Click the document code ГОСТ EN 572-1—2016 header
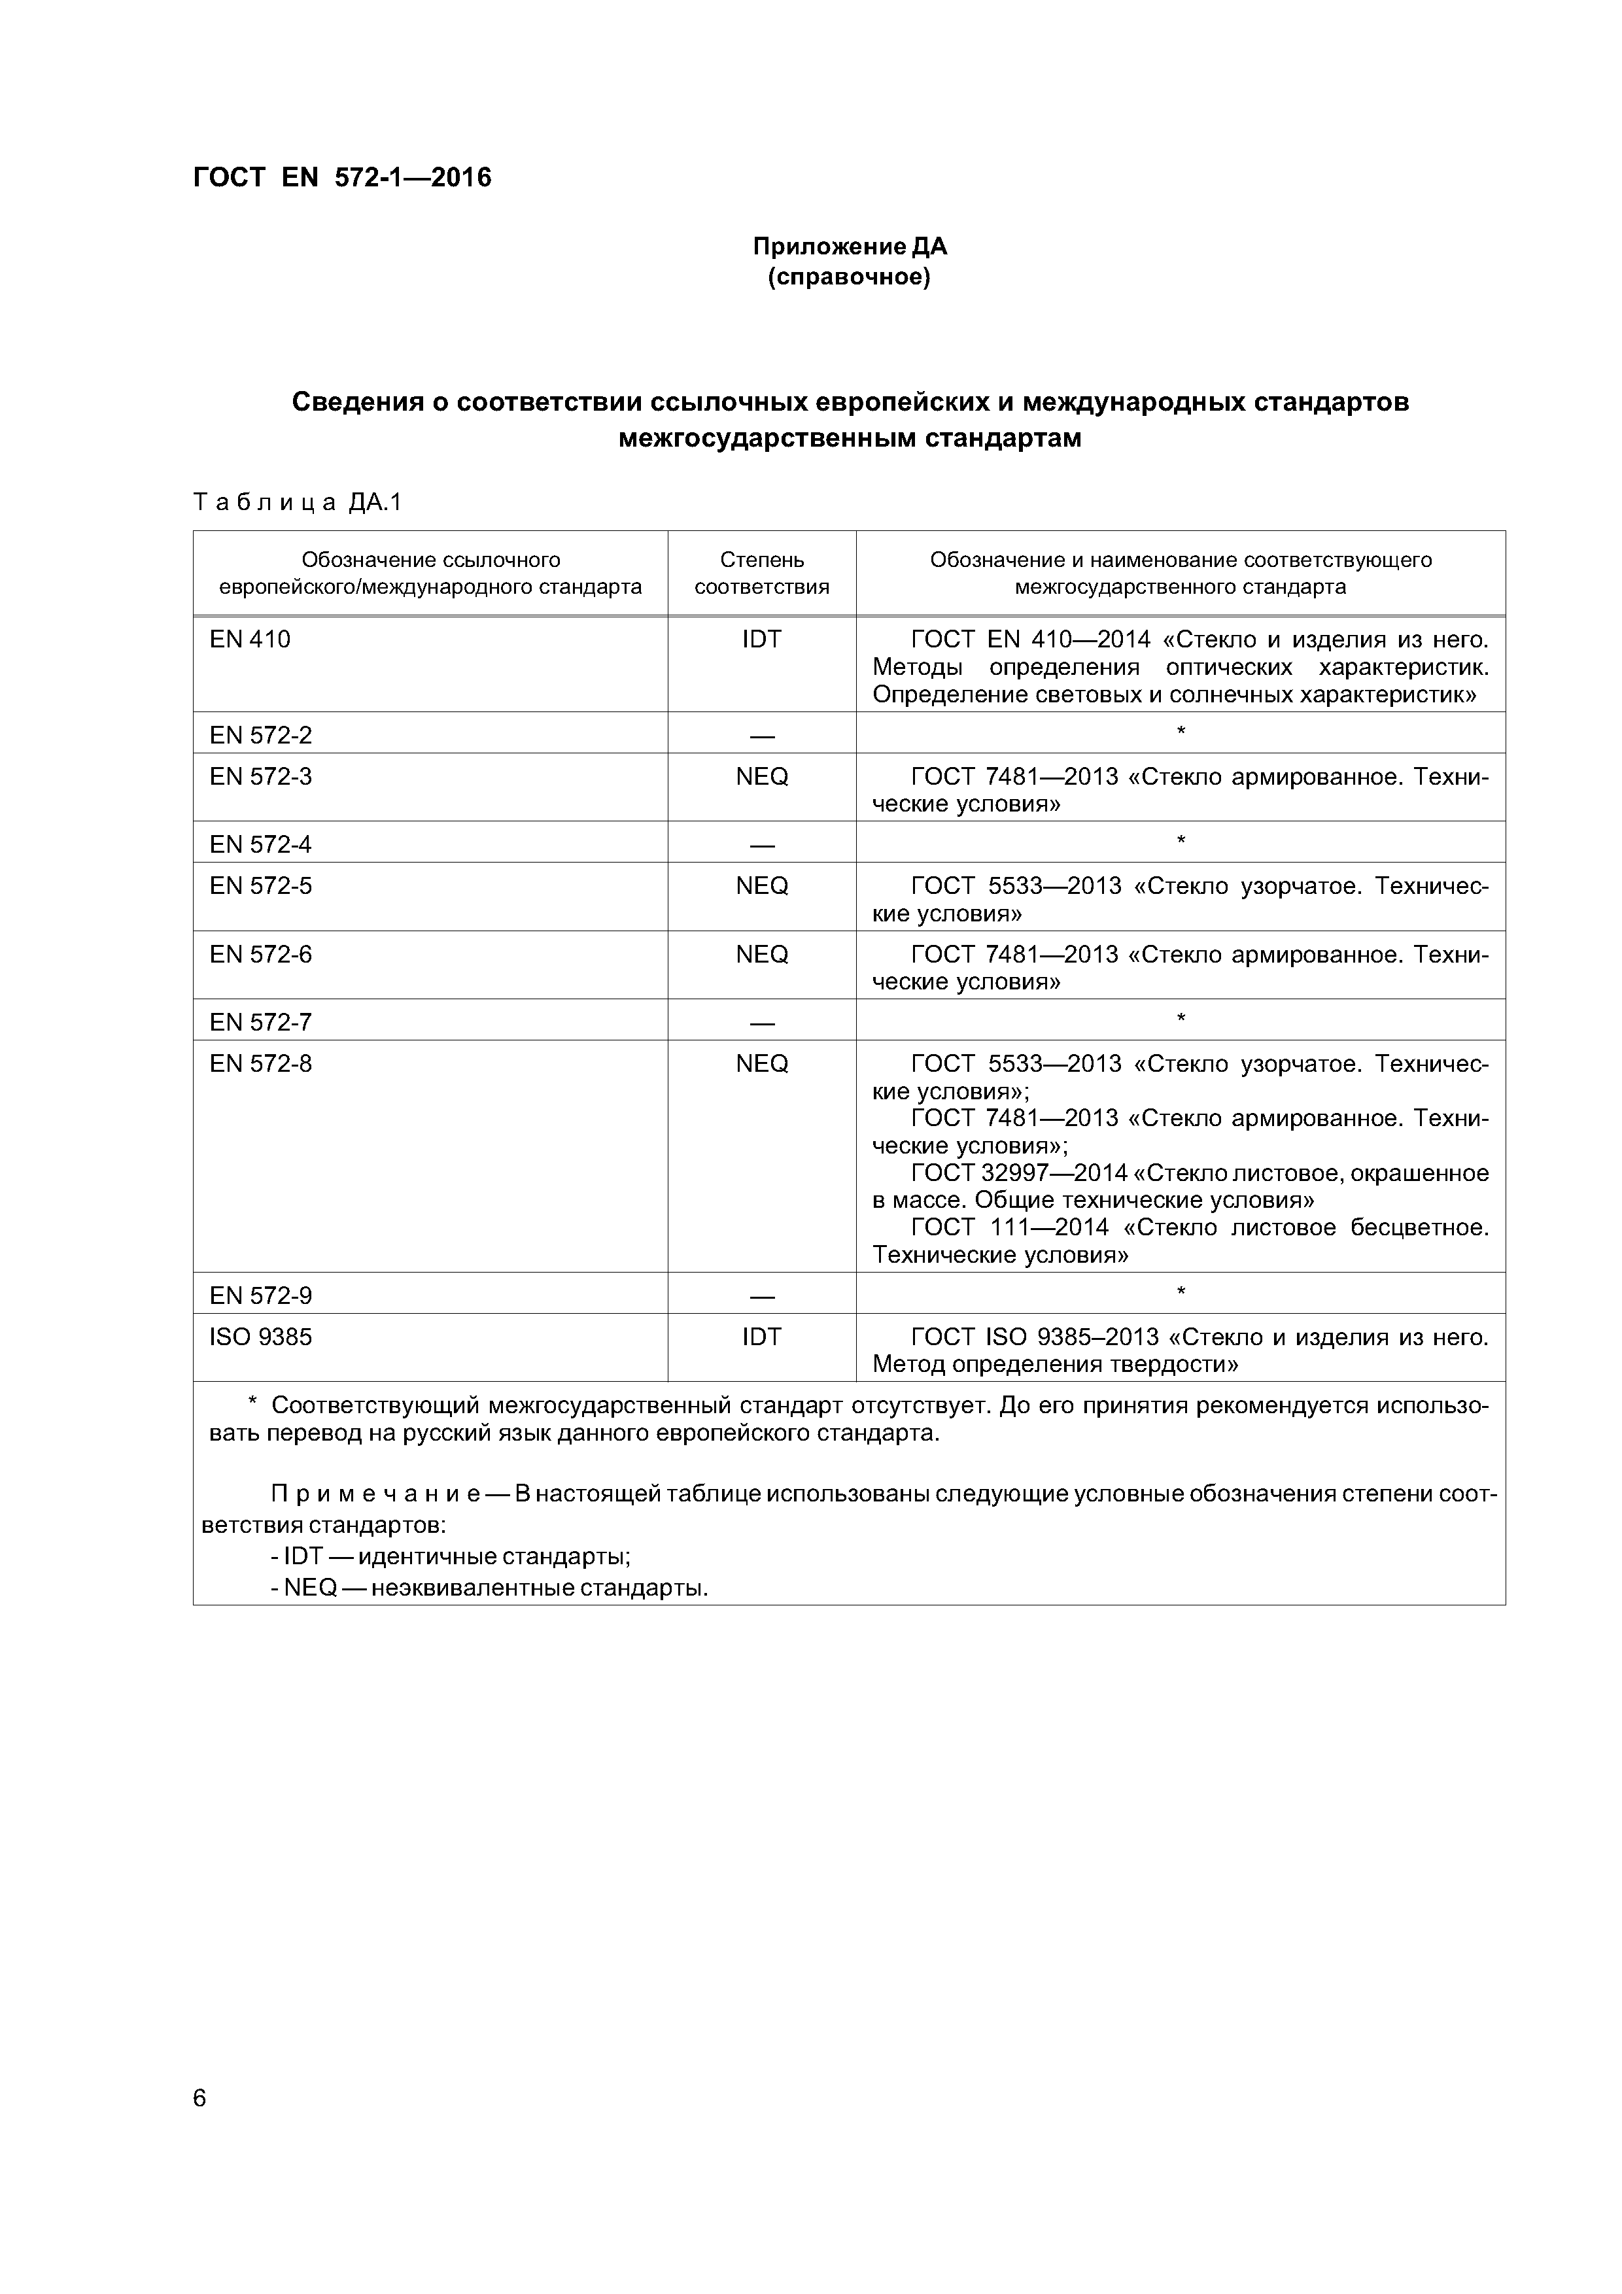[x=342, y=178]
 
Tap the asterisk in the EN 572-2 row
[x=1181, y=732]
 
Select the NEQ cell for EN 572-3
[x=761, y=776]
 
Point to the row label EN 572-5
[x=261, y=885]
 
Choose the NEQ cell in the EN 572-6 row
[x=761, y=954]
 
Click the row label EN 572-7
[x=261, y=1022]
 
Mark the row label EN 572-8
[x=261, y=1063]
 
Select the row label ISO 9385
[x=261, y=1336]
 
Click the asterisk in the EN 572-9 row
[x=1181, y=1292]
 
